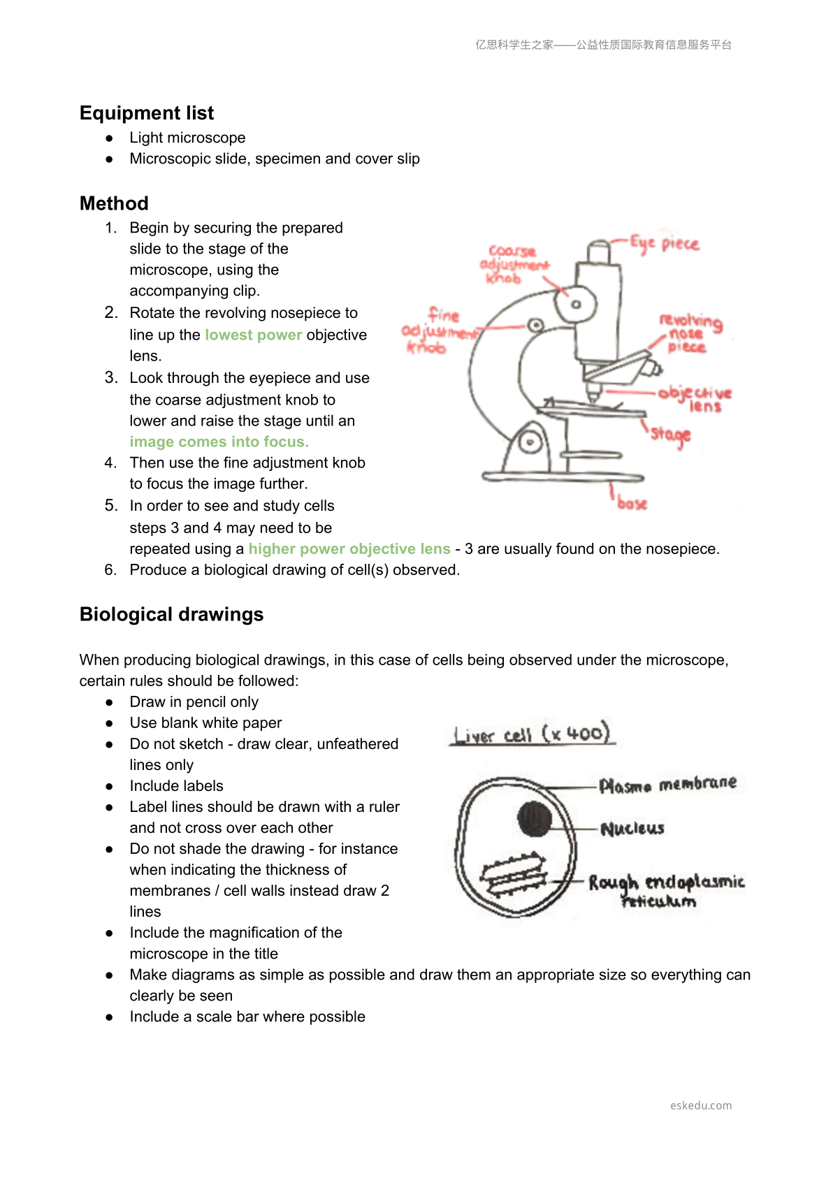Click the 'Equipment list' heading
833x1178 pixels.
(147, 113)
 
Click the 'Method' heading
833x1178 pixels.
(114, 203)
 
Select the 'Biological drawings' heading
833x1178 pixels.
(171, 614)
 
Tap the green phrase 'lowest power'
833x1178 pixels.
(254, 335)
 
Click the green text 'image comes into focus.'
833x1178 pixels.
(219, 442)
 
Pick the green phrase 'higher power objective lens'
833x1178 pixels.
(349, 549)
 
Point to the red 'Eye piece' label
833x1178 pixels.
(665, 244)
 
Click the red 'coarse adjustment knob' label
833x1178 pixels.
(514, 265)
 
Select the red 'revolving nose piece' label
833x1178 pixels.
(690, 333)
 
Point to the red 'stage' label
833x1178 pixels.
(670, 435)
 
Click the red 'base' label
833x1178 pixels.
(632, 503)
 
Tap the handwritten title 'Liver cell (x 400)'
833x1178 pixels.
(533, 733)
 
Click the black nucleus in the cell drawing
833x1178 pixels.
(535, 819)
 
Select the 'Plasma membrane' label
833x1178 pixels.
(668, 784)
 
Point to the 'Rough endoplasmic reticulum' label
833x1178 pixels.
(666, 891)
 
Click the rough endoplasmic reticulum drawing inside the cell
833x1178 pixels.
(514, 874)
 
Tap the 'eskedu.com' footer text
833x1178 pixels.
(701, 1105)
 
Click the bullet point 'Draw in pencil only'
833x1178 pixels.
(194, 702)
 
